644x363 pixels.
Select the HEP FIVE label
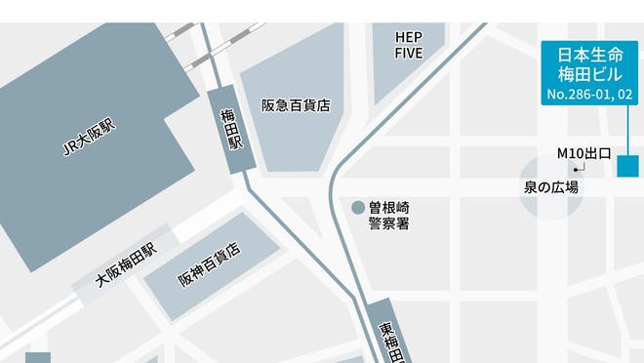tap(408, 44)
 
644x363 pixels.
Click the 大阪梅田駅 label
tap(125, 264)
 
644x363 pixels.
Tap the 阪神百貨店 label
tap(208, 265)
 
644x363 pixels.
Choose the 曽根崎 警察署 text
tap(388, 215)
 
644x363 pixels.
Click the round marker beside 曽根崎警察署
tap(358, 207)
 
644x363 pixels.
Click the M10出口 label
tap(584, 153)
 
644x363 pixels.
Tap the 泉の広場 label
tap(551, 186)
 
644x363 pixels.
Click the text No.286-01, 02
tap(588, 95)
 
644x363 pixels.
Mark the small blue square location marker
tap(627, 166)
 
